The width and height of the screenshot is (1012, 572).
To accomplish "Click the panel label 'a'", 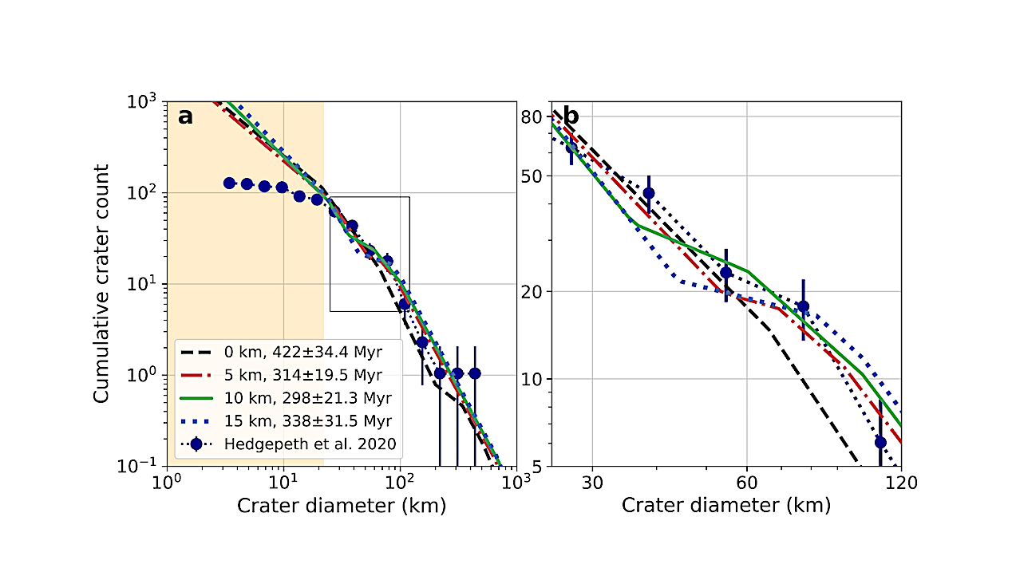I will tap(185, 117).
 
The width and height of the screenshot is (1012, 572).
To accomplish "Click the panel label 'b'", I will tap(571, 117).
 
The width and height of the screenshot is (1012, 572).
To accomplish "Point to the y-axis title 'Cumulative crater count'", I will tap(102, 283).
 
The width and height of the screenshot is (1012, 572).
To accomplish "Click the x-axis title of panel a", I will tap(341, 506).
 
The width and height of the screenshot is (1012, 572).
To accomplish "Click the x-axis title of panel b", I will tap(725, 506).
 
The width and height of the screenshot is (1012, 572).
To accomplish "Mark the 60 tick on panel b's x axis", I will tap(746, 483).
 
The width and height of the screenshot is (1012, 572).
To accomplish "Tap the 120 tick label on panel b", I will tap(900, 483).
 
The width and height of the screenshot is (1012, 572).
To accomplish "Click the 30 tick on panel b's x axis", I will tap(592, 483).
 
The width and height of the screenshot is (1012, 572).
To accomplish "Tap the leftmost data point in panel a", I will tap(230, 183).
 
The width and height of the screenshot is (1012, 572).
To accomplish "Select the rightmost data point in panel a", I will tap(475, 373).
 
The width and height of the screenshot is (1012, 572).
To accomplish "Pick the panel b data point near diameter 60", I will tap(725, 273).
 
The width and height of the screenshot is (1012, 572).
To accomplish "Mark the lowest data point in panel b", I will tap(880, 442).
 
